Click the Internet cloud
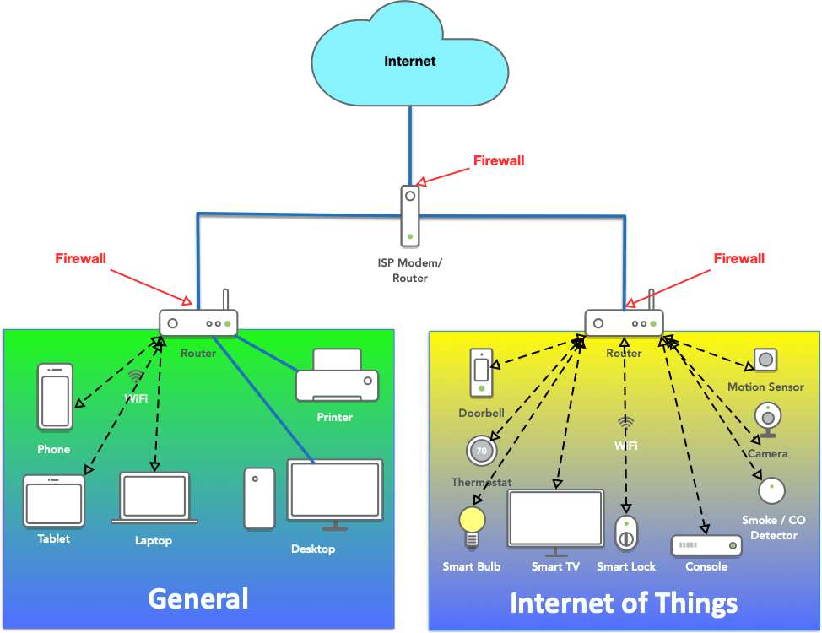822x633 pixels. pyautogui.click(x=410, y=61)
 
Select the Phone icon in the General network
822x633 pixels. pyautogui.click(x=55, y=397)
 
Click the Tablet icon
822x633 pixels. pyautogui.click(x=54, y=501)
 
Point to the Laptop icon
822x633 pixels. pyautogui.click(x=154, y=498)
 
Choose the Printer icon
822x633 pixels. pyautogui.click(x=337, y=376)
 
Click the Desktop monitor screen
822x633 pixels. pyautogui.click(x=335, y=490)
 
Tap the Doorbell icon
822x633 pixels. pyautogui.click(x=481, y=372)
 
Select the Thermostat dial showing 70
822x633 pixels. pyautogui.click(x=481, y=451)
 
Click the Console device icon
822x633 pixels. pyautogui.click(x=706, y=545)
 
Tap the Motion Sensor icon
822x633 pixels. pyautogui.click(x=765, y=360)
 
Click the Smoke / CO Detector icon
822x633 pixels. pyautogui.click(x=771, y=490)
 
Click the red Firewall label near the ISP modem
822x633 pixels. pyautogui.click(x=499, y=160)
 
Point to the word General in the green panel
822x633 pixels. pyautogui.click(x=198, y=598)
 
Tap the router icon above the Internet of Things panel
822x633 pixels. pyautogui.click(x=625, y=322)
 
